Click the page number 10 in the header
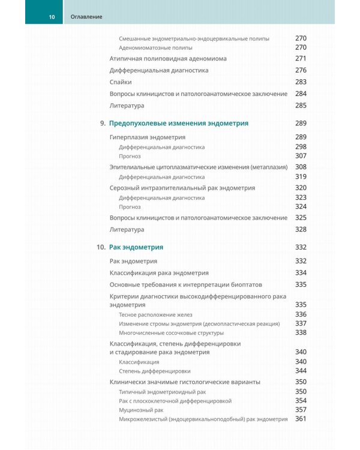click(52, 17)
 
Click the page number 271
click(301, 59)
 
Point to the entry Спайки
click(121, 82)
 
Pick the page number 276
click(301, 70)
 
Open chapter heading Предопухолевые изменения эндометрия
click(179, 123)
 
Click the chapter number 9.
click(102, 123)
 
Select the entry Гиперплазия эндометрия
click(147, 137)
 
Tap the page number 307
click(301, 156)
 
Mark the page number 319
click(301, 177)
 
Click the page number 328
click(301, 229)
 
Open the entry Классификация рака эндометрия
click(159, 272)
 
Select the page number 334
click(301, 272)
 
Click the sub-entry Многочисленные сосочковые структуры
click(171, 333)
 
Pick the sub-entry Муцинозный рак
click(142, 409)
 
